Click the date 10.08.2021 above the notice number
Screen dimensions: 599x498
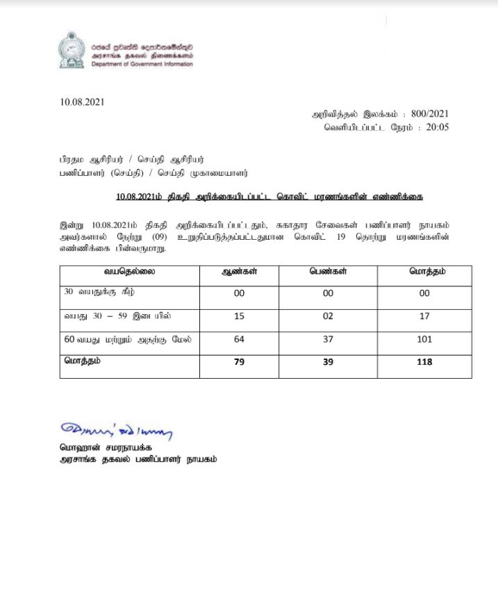pyautogui.click(x=82, y=102)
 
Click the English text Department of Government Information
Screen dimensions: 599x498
pyautogui.click(x=142, y=64)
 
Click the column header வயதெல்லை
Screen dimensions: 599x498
pyautogui.click(x=128, y=272)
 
